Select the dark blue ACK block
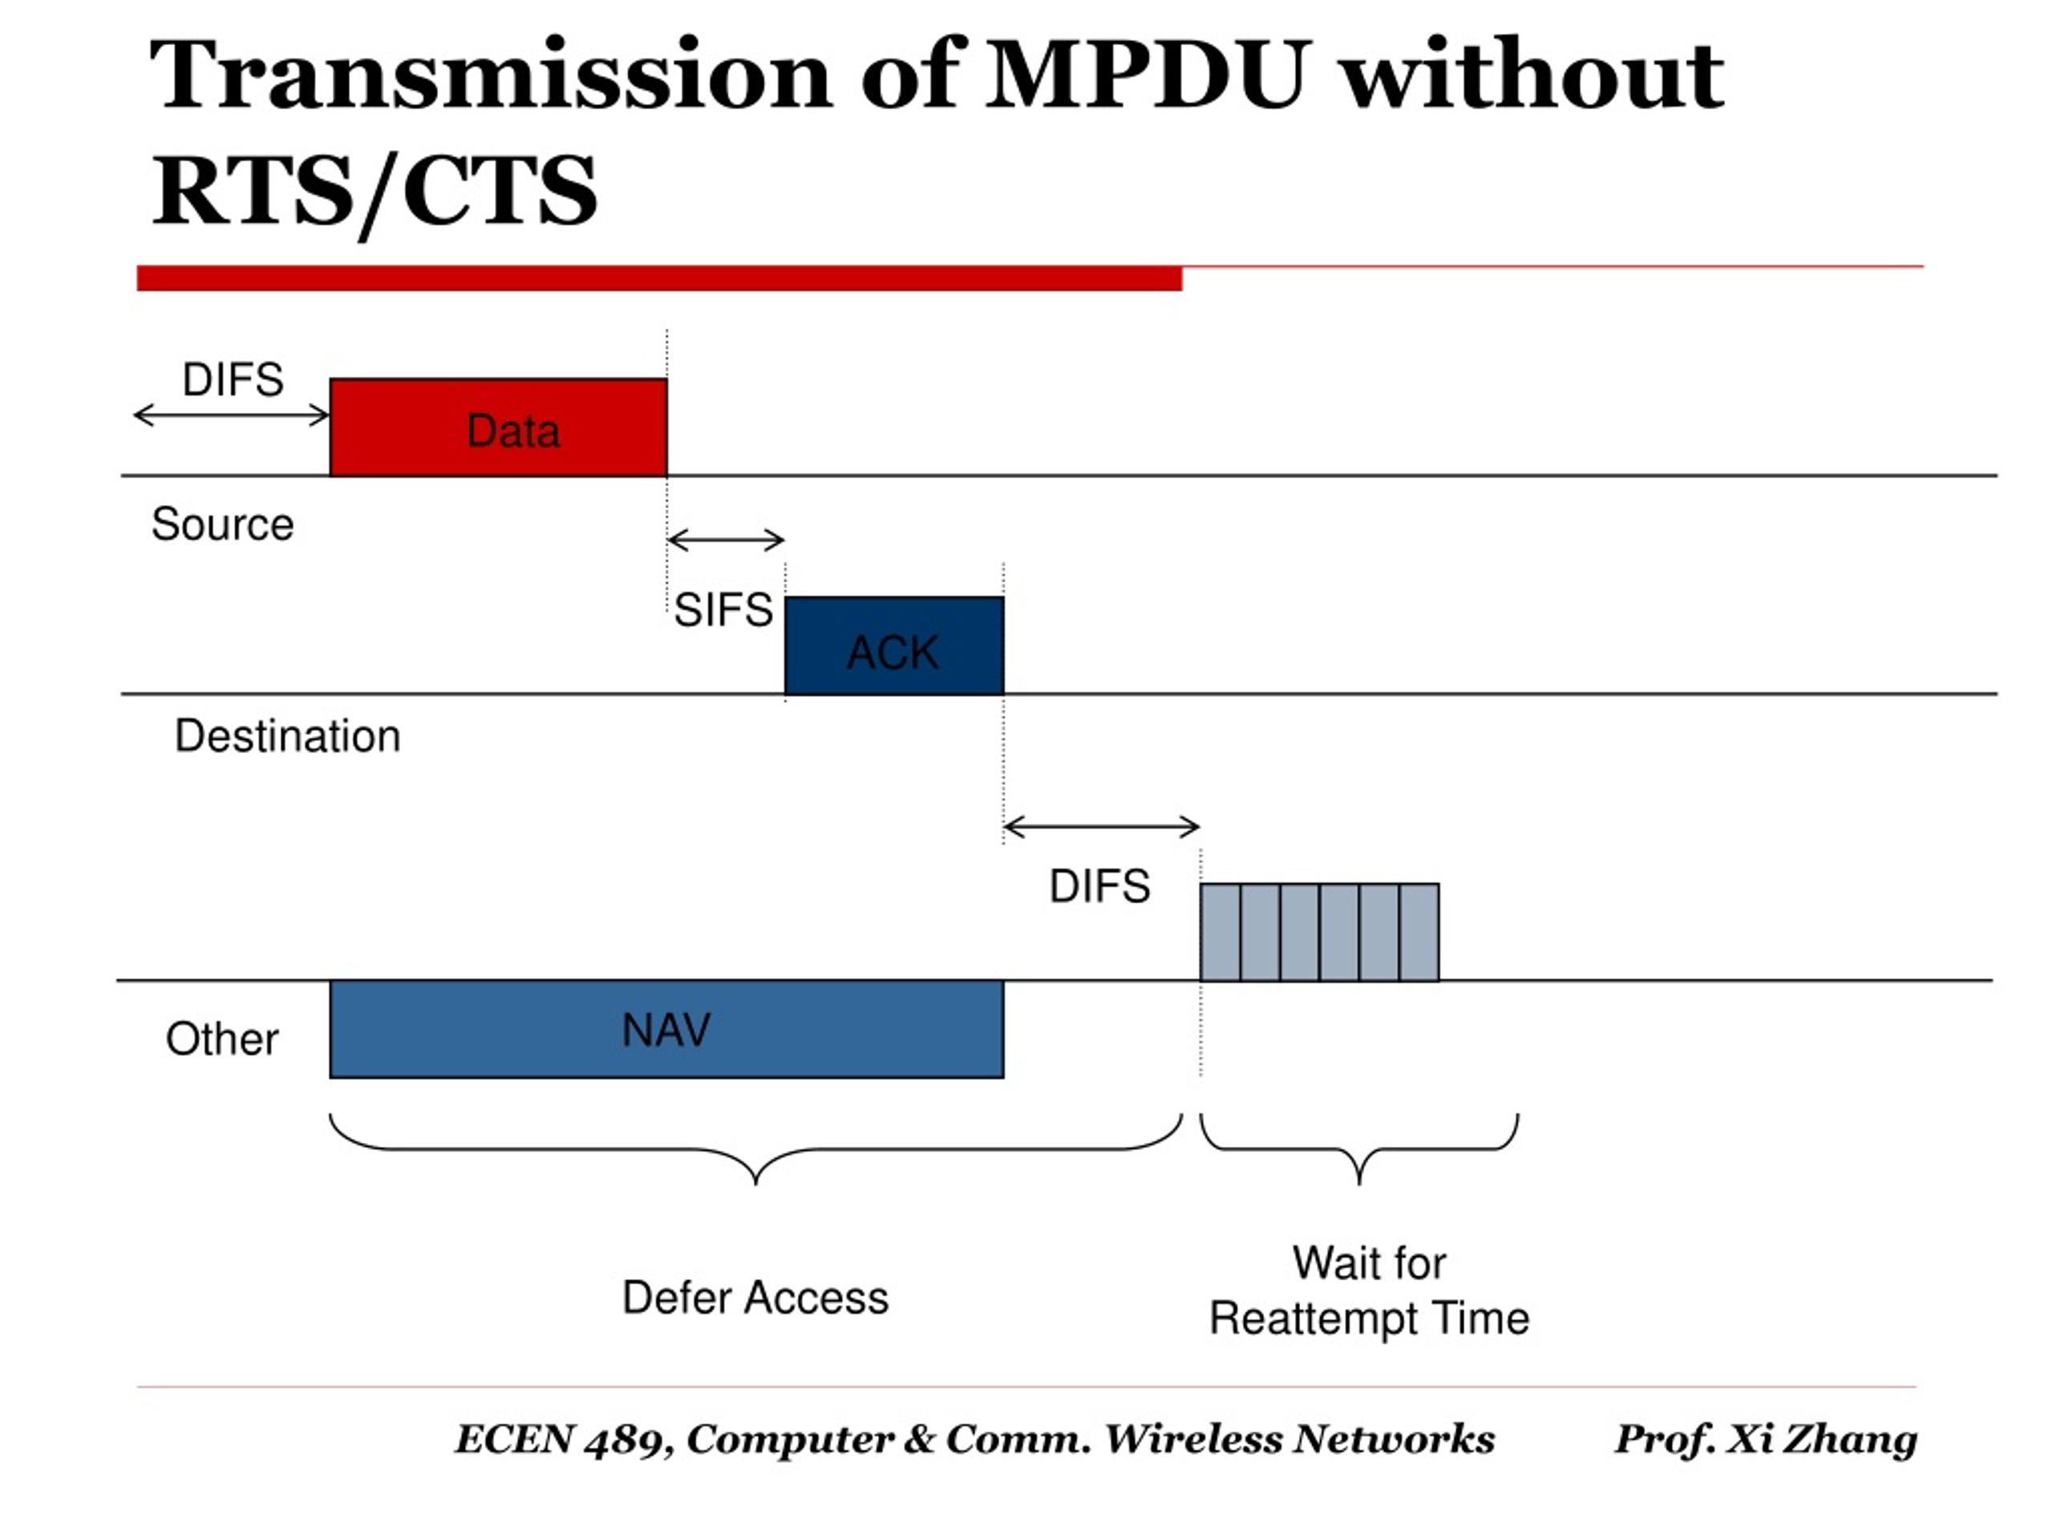click(894, 645)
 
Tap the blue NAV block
click(666, 1028)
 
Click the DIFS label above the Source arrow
click(233, 379)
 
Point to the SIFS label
click(723, 610)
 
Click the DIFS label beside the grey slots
click(1099, 885)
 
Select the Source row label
click(223, 524)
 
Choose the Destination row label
click(288, 736)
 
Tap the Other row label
click(222, 1038)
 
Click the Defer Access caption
click(755, 1297)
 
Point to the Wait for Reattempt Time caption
click(1369, 1291)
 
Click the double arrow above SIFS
click(726, 539)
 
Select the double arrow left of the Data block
click(232, 415)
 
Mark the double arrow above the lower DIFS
click(1102, 826)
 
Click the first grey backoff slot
click(1220, 932)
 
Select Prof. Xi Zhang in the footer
click(1765, 1439)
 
